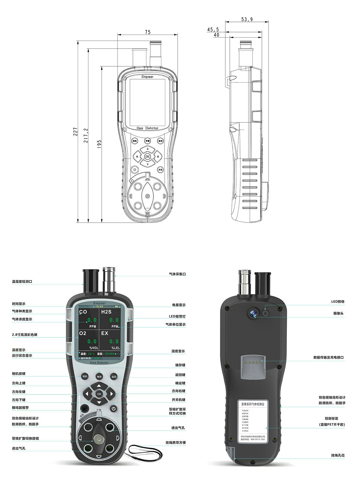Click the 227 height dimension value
coord(76,132)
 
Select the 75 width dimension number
coord(147,32)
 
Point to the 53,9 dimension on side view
coord(247,19)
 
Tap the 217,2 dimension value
coord(86,135)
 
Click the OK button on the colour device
coord(99,394)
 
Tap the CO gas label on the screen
coord(83,312)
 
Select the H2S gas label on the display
coord(106,312)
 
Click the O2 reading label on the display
coord(83,333)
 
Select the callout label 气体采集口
coord(177,274)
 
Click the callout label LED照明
coord(337,301)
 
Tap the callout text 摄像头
coord(338,313)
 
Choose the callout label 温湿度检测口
coord(22,281)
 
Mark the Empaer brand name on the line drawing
coord(147,77)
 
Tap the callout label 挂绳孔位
coord(338,455)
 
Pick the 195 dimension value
coord(99,144)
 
